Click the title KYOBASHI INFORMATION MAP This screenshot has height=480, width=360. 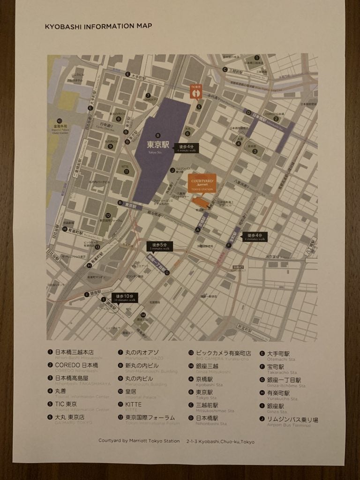[x=98, y=26]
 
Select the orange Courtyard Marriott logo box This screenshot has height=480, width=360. [x=202, y=183]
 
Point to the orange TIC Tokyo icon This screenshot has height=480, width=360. [x=195, y=92]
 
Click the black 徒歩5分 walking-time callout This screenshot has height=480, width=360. [x=160, y=247]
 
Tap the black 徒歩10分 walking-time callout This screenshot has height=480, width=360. [x=125, y=298]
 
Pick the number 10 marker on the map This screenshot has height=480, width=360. [x=60, y=120]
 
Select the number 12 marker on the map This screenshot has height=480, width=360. [x=108, y=216]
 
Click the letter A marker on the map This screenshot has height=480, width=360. [x=198, y=230]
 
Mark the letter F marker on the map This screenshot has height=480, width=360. [x=229, y=245]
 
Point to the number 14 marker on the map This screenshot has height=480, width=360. [x=143, y=315]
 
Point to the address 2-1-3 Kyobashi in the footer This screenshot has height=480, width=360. [x=220, y=441]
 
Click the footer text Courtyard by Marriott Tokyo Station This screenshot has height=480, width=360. [x=139, y=441]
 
